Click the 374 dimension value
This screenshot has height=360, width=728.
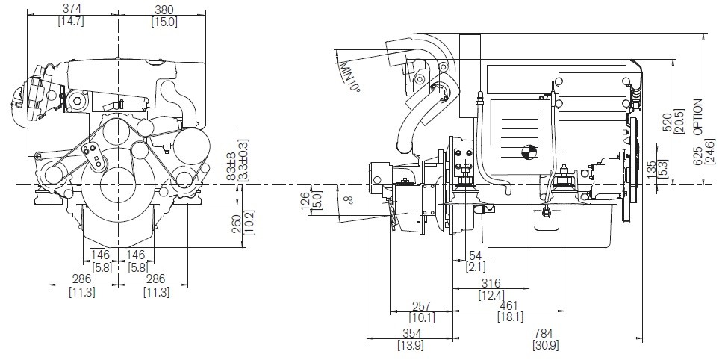click(x=72, y=9)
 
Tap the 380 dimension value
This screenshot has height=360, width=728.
click(x=164, y=9)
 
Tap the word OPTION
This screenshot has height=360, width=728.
click(x=698, y=117)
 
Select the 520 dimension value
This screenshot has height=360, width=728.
click(x=668, y=122)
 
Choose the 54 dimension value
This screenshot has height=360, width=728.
click(x=476, y=256)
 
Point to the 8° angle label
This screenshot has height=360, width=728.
click(x=348, y=199)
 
